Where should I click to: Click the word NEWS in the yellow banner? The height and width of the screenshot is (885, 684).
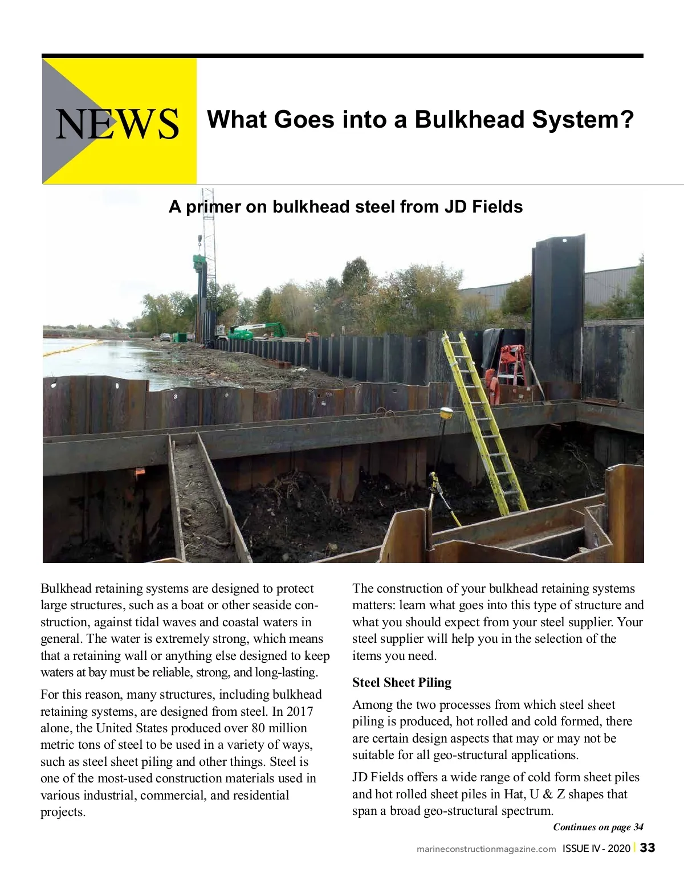tap(117, 124)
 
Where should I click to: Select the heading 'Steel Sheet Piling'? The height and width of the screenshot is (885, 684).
tap(401, 683)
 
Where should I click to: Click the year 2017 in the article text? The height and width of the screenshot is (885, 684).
tap(300, 711)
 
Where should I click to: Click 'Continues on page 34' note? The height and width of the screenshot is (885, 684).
tap(598, 827)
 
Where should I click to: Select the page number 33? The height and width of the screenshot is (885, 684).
tap(647, 847)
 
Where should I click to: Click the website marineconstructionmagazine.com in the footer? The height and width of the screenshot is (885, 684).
tap(486, 849)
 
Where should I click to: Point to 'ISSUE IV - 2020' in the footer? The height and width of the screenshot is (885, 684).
tap(596, 849)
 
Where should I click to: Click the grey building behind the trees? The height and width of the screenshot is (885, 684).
tap(604, 285)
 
